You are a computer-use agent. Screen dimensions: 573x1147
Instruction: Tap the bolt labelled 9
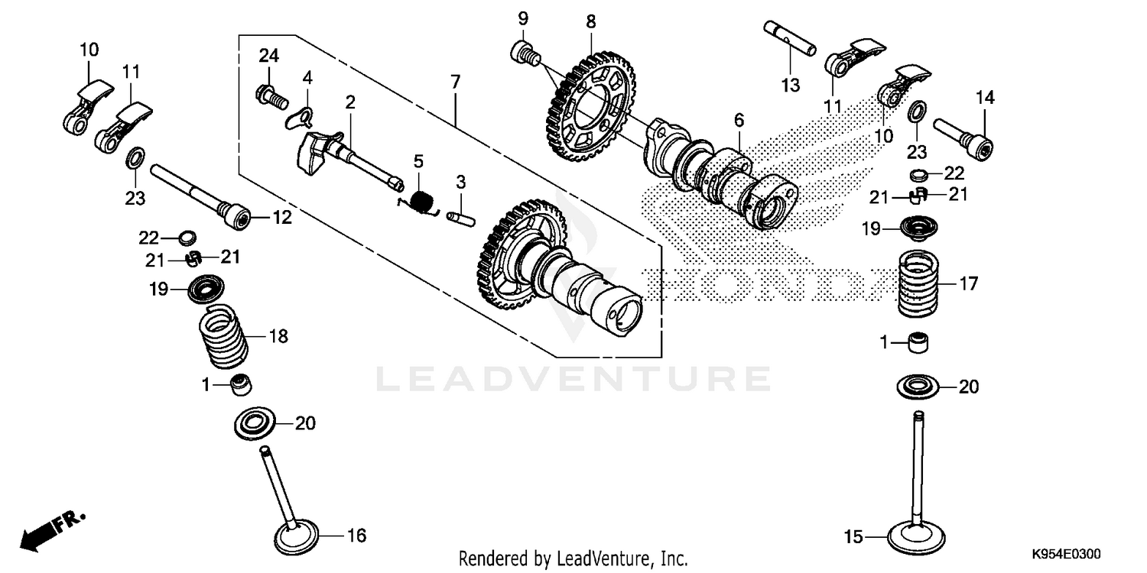[524, 54]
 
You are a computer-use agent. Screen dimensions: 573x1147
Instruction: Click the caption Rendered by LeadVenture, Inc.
[573, 558]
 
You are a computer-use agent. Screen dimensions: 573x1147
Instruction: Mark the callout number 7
[455, 82]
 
